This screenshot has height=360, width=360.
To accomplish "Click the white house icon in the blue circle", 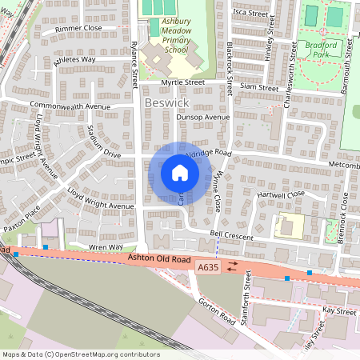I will (180, 172).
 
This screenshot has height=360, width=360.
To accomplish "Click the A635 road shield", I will (207, 266).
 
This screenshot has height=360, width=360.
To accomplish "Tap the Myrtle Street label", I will (182, 82).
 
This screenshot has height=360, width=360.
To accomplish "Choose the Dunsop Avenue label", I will (204, 117).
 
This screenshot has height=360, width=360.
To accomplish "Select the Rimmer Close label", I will (78, 28).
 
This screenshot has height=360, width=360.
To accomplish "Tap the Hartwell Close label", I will (282, 194).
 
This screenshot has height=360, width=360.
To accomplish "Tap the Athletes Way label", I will (74, 59).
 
